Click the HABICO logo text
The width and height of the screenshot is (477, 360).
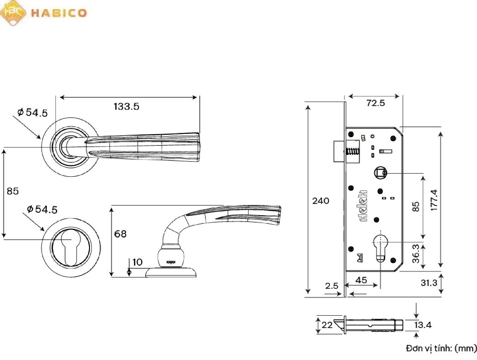tap(58, 13)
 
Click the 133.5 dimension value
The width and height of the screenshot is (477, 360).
tap(126, 107)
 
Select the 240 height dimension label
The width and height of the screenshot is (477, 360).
tap(321, 201)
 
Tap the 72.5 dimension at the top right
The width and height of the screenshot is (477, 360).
tap(376, 103)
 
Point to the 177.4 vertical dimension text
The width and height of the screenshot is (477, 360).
tap(434, 200)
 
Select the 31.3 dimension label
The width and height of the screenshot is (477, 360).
tap(429, 283)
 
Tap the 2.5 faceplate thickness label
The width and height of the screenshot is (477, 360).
tap(332, 286)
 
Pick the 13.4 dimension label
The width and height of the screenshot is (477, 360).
tap(423, 325)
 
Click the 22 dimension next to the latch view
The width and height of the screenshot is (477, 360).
tap(327, 325)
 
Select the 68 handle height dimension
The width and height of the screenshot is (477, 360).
tap(121, 234)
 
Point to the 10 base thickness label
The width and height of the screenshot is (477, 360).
tap(137, 262)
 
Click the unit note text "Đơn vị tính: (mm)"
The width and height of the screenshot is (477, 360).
tap(441, 349)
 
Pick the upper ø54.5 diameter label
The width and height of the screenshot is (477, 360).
tap(33, 112)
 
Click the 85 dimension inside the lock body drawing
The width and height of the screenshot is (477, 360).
tap(415, 206)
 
